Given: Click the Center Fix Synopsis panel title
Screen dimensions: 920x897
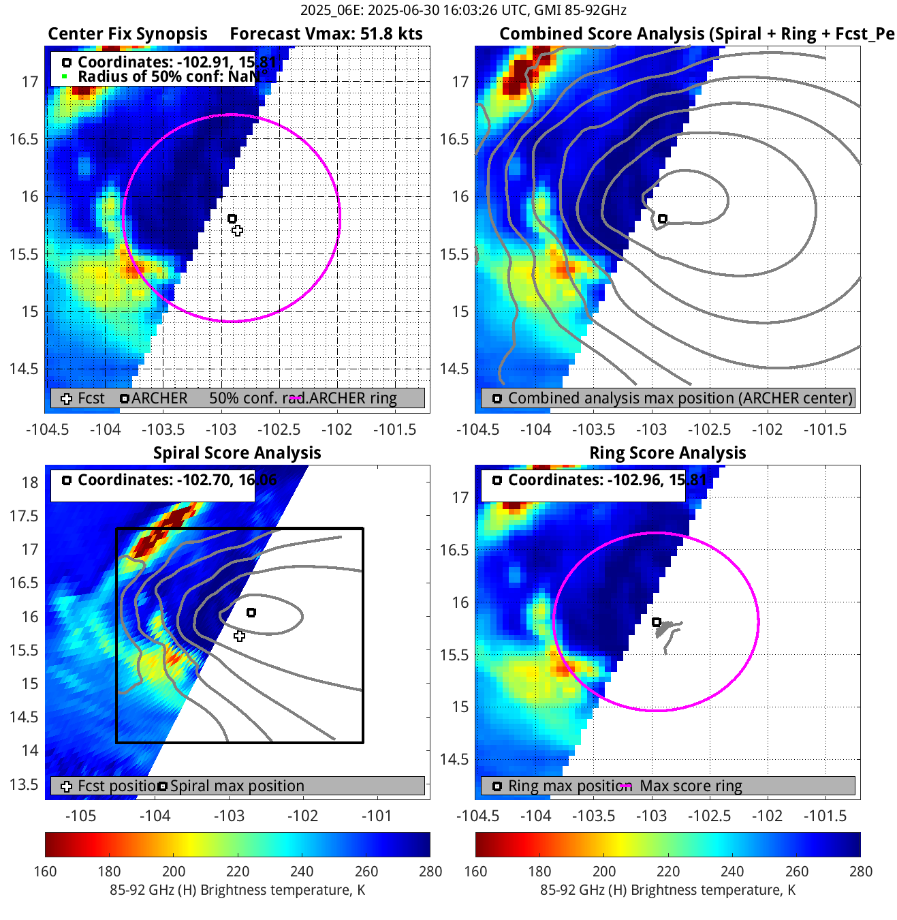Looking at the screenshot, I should tap(127, 34).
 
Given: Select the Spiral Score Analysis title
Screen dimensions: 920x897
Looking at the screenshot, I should tap(237, 453).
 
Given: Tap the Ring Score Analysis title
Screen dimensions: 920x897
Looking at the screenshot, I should tap(667, 453).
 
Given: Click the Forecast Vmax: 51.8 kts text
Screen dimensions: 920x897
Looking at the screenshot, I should tap(326, 34).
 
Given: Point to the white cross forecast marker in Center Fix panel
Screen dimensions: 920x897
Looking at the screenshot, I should tap(237, 230).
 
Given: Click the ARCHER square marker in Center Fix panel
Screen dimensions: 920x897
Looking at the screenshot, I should tap(232, 219).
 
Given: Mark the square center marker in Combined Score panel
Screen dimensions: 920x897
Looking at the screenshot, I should tap(663, 219).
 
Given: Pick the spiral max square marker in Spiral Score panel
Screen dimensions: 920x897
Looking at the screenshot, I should tap(251, 613).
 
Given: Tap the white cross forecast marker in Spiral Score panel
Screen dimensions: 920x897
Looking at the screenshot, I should tap(239, 636).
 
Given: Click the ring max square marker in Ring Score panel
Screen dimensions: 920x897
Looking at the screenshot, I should tap(657, 622).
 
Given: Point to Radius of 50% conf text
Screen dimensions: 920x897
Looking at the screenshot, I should tap(167, 76).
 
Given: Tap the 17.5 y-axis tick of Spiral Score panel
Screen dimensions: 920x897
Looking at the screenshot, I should tap(25, 516).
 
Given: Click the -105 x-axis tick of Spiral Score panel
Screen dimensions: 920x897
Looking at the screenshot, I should tap(80, 816).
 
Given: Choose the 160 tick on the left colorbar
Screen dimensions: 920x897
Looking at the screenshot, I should tap(45, 871).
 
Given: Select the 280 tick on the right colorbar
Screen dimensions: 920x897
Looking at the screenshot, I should tap(861, 871).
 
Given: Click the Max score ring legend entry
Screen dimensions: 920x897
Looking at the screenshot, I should tap(691, 786).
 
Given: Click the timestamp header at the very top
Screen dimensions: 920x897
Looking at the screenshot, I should tap(463, 10).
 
